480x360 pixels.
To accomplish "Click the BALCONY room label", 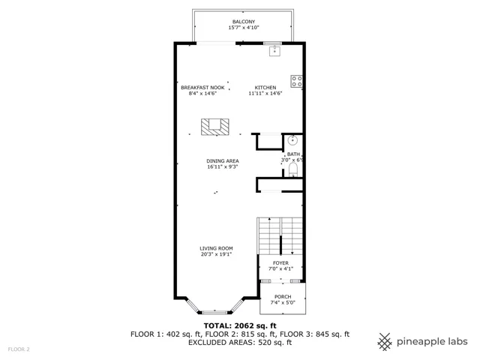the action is [244, 22].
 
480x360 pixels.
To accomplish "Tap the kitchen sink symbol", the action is [275, 51].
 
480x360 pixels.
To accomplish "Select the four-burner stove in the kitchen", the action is [297, 82].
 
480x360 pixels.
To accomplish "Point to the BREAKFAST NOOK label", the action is [202, 88].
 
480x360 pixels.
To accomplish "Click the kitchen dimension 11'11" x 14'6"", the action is [265, 93].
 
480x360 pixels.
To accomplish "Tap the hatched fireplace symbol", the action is [215, 127].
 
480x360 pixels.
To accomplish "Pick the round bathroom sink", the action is [292, 140].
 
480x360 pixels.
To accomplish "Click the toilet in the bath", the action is [293, 170].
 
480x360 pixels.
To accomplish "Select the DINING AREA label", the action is [223, 161].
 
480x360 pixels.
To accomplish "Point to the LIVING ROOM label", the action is [217, 248].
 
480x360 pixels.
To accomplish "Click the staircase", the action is [280, 235].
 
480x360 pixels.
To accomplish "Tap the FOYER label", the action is [280, 263].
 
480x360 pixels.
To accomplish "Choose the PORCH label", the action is [283, 297].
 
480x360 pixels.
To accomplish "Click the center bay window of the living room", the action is [215, 313].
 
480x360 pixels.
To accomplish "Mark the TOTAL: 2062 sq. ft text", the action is [240, 325].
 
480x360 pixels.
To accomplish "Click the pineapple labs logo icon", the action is [385, 342].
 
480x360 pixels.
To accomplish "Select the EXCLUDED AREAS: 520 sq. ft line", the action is [240, 342].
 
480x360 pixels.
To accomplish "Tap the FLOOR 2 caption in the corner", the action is [19, 349].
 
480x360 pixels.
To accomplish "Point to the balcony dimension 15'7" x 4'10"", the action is [244, 28].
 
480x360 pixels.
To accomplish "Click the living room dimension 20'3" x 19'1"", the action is [217, 254].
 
